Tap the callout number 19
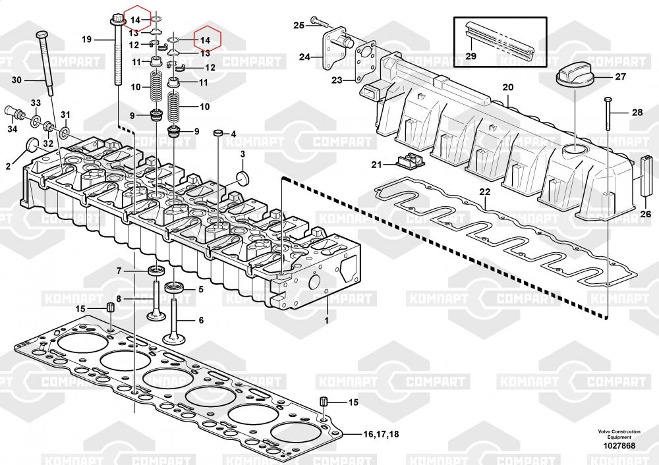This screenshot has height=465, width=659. click(87, 40)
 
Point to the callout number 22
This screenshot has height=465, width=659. click(485, 192)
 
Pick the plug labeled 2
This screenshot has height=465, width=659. click(30, 145)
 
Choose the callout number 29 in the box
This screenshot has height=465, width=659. click(471, 56)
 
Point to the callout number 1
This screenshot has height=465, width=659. click(325, 319)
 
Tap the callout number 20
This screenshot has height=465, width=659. click(507, 88)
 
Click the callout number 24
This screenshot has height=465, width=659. click(304, 57)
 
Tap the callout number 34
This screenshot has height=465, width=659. click(13, 128)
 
